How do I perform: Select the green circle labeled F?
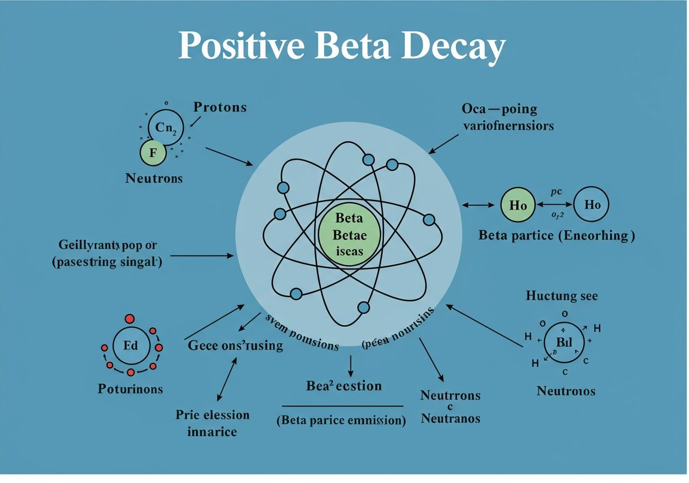point(153,152)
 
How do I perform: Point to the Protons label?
point(220,107)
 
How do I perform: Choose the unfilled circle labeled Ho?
point(592,205)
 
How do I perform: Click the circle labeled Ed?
point(131,346)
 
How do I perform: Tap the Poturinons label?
point(130,388)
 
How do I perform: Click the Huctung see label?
point(561,296)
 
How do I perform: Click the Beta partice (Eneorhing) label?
point(556,236)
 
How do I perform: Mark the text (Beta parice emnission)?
point(341,420)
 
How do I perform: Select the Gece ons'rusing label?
point(235,346)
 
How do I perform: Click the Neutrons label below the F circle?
point(154,178)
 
